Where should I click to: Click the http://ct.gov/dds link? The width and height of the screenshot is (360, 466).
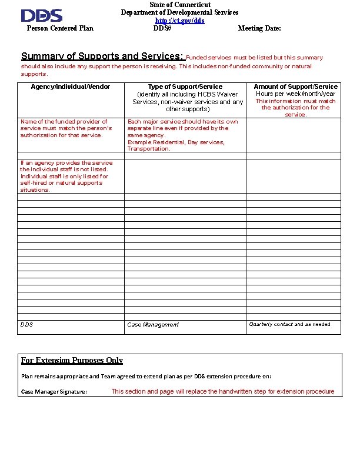click(x=179, y=21)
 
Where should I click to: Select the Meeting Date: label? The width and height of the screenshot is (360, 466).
click(x=259, y=28)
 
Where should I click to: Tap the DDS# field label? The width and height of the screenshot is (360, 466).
click(x=162, y=28)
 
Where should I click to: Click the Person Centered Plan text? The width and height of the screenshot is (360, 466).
click(x=60, y=28)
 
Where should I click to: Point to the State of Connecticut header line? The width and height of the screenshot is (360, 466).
click(x=179, y=5)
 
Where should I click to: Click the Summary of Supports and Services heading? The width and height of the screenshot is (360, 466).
click(x=103, y=56)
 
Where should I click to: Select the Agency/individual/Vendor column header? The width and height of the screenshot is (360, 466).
click(x=71, y=87)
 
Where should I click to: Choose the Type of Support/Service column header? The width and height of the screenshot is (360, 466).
click(x=185, y=87)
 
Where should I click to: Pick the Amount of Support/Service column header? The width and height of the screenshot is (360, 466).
click(x=295, y=87)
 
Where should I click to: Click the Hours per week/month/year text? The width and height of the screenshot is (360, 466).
click(x=295, y=94)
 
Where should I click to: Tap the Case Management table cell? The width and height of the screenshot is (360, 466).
click(x=153, y=325)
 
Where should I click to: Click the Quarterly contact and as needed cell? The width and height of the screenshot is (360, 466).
click(x=289, y=324)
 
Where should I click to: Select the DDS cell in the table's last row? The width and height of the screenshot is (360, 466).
click(x=27, y=325)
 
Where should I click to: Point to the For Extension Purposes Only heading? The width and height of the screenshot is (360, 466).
click(x=72, y=361)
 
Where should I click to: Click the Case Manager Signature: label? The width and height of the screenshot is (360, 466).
click(x=54, y=392)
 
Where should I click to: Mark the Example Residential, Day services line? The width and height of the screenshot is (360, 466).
click(x=176, y=142)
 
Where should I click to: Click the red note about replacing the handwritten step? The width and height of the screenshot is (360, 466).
click(x=222, y=392)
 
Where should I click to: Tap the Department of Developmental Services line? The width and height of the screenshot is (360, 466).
click(x=179, y=12)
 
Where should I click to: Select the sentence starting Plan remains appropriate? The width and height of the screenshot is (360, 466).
click(x=146, y=377)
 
